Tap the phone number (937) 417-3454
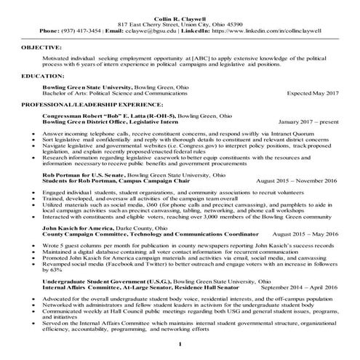76,31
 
